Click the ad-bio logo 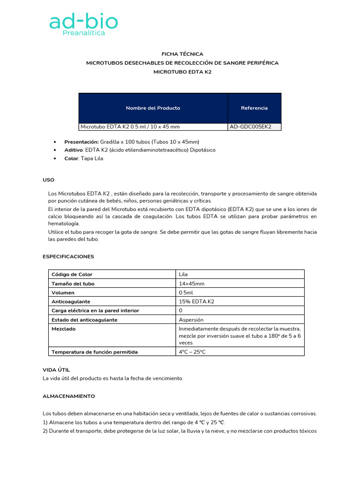pyautogui.click(x=83, y=22)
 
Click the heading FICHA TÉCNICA pyautogui.click(x=182, y=54)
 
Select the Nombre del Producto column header pyautogui.click(x=153, y=108)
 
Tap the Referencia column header pyautogui.click(x=254, y=108)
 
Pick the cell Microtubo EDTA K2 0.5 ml pyautogui.click(x=130, y=127)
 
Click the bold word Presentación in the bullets pyautogui.click(x=81, y=142)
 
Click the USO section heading pyautogui.click(x=48, y=180)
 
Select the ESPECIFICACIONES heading pyautogui.click(x=68, y=256)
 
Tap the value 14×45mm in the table pyautogui.click(x=191, y=284)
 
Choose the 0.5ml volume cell pyautogui.click(x=187, y=292)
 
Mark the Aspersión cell pyautogui.click(x=191, y=320)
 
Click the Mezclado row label pyautogui.click(x=63, y=329)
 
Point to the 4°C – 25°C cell pyautogui.click(x=192, y=352)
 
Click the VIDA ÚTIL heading pyautogui.click(x=56, y=370)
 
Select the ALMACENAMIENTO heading pyautogui.click(x=68, y=396)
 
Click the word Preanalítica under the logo pyautogui.click(x=84, y=33)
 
